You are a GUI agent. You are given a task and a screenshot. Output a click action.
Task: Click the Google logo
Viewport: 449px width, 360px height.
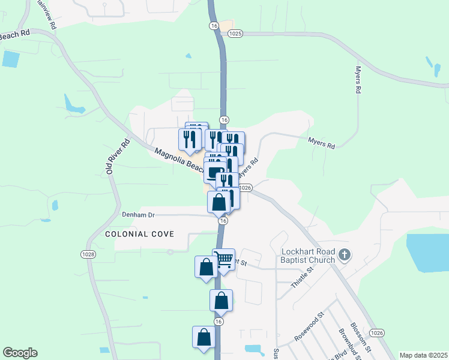(20, 353)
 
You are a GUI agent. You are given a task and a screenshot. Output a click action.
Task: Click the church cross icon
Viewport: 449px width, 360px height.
(344, 255)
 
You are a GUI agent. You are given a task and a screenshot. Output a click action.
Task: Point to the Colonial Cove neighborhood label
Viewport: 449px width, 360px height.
(140, 233)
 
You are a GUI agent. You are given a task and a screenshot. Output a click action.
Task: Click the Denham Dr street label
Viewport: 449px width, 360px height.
(139, 214)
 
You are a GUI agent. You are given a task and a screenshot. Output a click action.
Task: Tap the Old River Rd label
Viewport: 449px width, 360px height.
(118, 157)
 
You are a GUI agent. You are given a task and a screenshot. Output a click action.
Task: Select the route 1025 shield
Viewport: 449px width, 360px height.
(235, 34)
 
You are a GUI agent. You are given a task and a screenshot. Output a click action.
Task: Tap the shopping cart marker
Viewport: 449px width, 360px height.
(224, 260)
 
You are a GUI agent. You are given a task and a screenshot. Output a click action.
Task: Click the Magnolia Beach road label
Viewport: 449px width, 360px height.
(178, 160)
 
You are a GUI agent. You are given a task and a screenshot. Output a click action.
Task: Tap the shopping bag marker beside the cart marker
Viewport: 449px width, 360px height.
(206, 266)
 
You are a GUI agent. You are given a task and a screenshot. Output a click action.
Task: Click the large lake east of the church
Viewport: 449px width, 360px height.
(427, 252)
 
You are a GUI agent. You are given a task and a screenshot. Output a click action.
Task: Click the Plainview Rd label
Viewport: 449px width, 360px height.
(46, 14)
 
